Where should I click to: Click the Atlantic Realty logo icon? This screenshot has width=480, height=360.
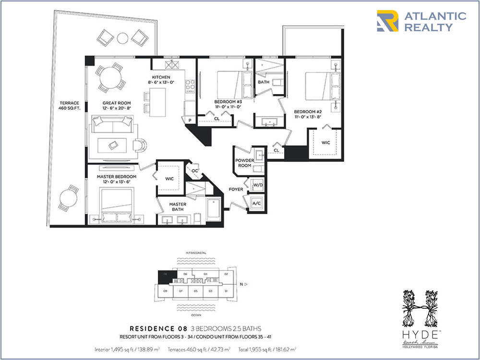387,21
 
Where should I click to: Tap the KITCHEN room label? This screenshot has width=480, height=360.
161,77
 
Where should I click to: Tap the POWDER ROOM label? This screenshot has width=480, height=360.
244,163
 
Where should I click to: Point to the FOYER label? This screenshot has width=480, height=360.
236,189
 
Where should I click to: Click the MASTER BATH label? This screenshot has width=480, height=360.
177,206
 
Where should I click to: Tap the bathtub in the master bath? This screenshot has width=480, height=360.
213,210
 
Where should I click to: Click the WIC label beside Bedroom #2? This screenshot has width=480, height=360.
326,142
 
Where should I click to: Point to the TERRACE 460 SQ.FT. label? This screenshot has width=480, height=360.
70,106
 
